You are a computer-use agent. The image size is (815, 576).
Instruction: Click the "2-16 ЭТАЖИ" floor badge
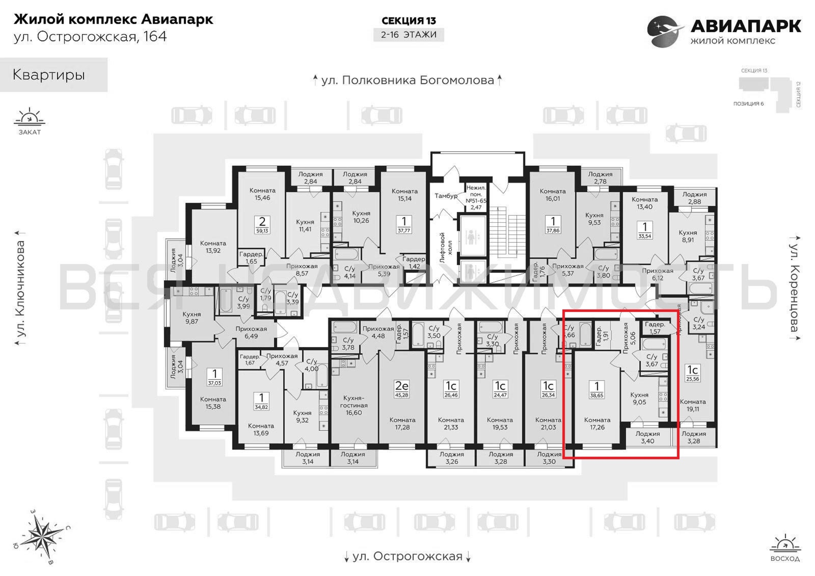tap(409, 35)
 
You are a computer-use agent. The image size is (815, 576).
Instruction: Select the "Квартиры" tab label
tap(49, 75)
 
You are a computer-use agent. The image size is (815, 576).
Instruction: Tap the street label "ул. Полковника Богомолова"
tap(407, 80)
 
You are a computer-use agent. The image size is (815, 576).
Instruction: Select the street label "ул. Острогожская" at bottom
tap(407, 556)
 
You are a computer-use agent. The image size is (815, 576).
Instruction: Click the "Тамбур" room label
tap(446, 196)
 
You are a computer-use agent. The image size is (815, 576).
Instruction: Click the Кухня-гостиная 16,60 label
tap(354, 405)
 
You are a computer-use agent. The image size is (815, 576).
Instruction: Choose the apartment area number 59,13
tap(262, 231)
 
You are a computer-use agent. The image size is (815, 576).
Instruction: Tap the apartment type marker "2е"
tap(402, 386)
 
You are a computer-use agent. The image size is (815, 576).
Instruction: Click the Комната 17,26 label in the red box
tap(597, 424)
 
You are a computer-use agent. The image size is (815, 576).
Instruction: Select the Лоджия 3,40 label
tap(648, 437)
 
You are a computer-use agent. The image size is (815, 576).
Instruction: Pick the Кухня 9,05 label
tap(639, 398)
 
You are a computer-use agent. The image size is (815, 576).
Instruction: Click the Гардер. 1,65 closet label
tap(251, 258)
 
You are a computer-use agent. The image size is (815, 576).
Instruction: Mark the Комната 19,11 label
tap(693, 405)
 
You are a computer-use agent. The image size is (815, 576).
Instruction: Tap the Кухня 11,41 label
tap(305, 226)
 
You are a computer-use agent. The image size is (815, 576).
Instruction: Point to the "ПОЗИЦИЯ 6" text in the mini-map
tap(749, 104)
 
